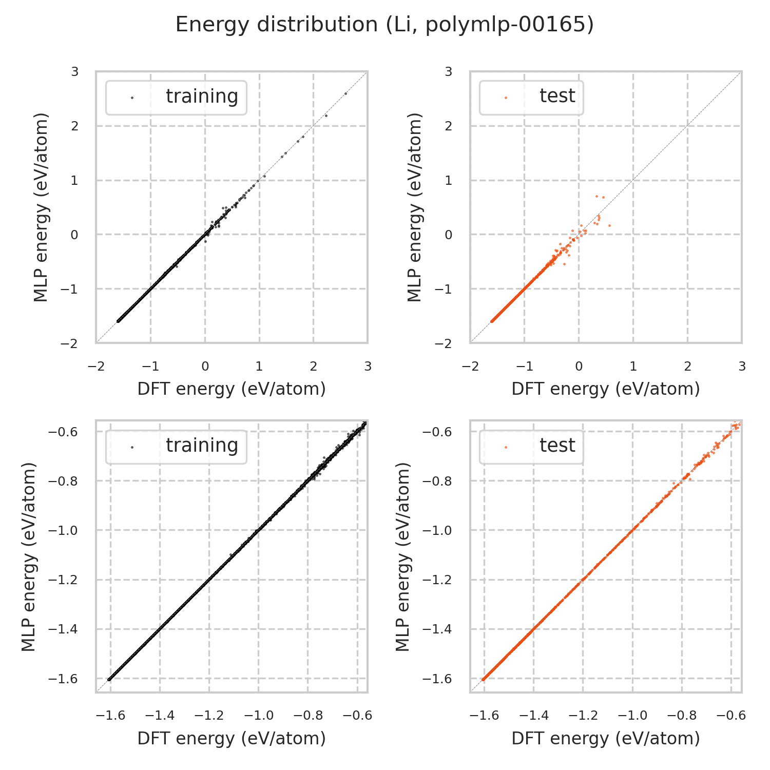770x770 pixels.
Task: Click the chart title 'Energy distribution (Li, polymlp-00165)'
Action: [384, 25]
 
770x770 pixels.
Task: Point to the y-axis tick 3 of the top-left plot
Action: [75, 71]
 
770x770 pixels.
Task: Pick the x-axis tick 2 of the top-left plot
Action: [313, 367]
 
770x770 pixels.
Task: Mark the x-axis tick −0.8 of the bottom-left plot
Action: [307, 716]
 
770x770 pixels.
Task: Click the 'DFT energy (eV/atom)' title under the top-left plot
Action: [232, 389]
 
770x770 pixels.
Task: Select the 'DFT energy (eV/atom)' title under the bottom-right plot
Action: [606, 738]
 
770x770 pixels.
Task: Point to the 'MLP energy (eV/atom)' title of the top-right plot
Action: [414, 207]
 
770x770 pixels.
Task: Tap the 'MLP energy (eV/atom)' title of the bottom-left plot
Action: [29, 556]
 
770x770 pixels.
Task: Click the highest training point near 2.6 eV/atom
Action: [345, 93]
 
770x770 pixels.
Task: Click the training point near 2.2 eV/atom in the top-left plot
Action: [326, 115]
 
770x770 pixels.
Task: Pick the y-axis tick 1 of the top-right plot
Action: [449, 180]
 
